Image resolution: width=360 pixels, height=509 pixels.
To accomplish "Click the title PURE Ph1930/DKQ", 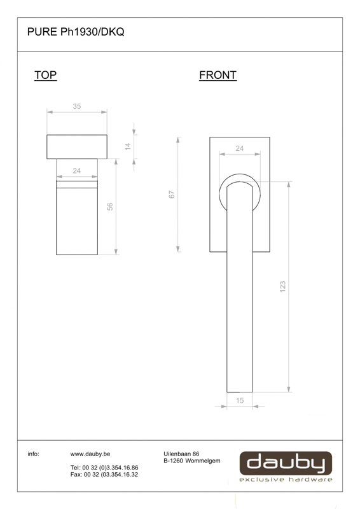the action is [76, 32].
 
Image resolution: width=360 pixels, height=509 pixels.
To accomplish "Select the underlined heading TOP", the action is [45, 75].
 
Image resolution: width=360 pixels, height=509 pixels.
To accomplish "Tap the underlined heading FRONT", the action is [218, 75].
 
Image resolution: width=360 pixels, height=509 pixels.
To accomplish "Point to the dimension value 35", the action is [77, 106].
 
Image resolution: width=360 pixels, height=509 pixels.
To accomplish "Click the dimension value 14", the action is [128, 146].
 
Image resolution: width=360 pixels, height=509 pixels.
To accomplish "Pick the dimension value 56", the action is [110, 206].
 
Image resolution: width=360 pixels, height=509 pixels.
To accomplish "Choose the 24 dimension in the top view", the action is [76, 171].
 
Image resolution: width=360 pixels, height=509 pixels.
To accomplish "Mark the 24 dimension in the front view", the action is [240, 148].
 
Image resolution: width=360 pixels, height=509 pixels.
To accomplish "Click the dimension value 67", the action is [172, 195].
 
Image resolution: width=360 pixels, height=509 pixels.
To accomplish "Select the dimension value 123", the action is [283, 287].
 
